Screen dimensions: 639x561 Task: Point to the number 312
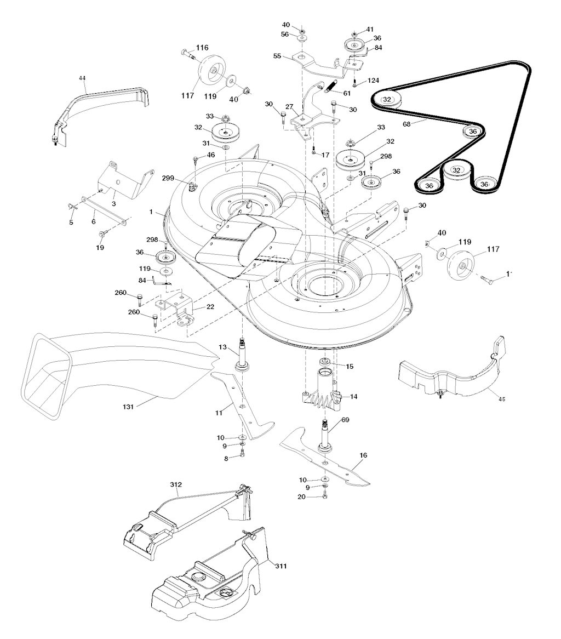coord(176,484)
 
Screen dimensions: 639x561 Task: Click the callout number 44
coord(82,78)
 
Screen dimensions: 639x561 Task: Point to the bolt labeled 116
coord(187,53)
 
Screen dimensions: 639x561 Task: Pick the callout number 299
coord(169,178)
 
